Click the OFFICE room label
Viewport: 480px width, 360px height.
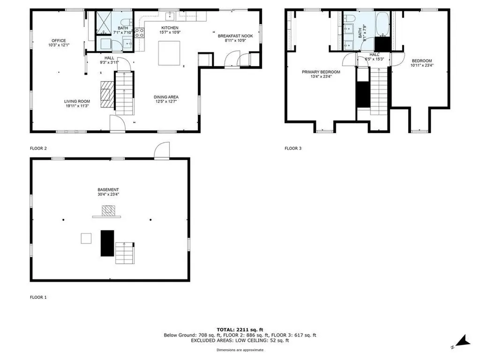tap(59, 40)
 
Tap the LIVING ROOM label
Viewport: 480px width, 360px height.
tap(77, 101)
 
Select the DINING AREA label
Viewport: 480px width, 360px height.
tap(166, 97)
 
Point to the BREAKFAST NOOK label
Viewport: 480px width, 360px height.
tap(235, 36)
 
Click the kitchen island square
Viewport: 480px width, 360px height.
tap(169, 53)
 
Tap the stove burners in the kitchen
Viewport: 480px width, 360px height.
tap(140, 33)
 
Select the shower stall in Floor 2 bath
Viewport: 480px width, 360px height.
tap(104, 22)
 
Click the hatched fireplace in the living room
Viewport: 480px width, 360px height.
tap(107, 95)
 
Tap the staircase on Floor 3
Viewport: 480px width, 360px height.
tap(379, 91)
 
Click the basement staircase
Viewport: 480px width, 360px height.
tap(125, 253)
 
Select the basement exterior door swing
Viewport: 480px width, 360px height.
tap(162, 150)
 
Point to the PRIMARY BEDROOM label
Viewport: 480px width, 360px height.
tap(321, 72)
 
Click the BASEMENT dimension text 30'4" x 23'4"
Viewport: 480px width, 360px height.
tap(108, 194)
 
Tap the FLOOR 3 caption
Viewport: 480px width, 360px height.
tap(293, 148)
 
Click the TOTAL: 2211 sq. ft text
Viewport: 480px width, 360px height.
tap(240, 330)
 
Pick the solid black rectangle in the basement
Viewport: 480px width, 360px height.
tap(107, 243)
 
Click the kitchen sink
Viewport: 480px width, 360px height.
tap(170, 15)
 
